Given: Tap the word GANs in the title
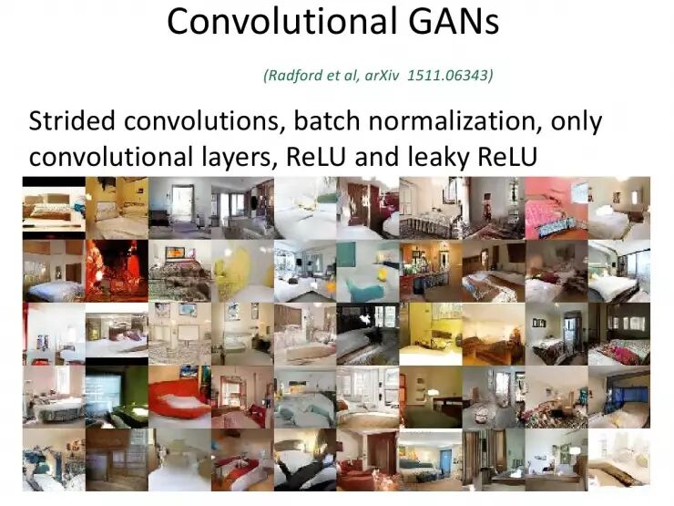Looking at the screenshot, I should pyautogui.click(x=453, y=21).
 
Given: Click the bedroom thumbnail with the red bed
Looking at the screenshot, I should pyautogui.click(x=178, y=396).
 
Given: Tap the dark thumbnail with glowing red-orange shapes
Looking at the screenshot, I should pyautogui.click(x=116, y=270).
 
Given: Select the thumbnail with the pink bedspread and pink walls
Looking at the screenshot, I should pyautogui.click(x=555, y=208).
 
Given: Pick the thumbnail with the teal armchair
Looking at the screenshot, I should pyautogui.click(x=366, y=270).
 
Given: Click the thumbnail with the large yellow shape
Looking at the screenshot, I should pyautogui.click(x=241, y=270).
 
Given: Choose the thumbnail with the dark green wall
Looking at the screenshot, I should pyautogui.click(x=116, y=396).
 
